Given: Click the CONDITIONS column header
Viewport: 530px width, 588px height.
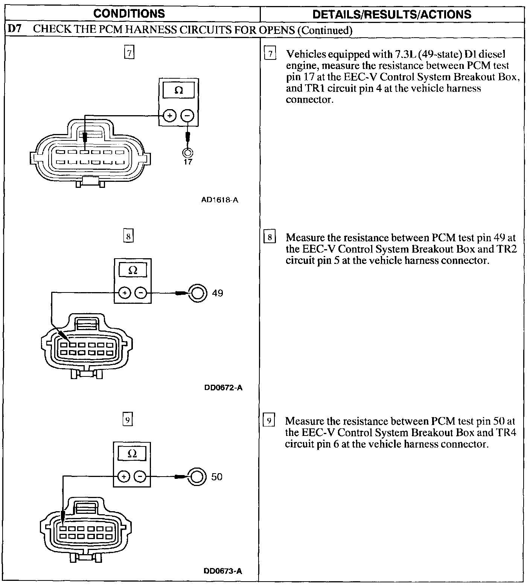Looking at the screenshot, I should click(129, 14).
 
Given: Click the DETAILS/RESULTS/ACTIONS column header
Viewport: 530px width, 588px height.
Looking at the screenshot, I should click(392, 15).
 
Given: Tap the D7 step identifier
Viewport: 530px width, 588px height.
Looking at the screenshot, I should click(15, 30).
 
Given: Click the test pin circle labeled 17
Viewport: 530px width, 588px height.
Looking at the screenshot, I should click(187, 152).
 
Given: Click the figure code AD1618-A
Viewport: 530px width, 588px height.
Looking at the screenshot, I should click(219, 200).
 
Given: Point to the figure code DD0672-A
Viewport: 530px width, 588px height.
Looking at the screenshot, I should click(223, 388).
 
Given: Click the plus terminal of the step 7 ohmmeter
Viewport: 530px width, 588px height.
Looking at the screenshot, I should click(170, 116).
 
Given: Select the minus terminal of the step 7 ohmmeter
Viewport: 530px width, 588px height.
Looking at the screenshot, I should click(187, 116).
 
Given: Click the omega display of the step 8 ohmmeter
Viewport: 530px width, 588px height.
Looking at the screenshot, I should click(133, 270).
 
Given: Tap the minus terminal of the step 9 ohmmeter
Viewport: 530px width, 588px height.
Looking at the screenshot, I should click(140, 477).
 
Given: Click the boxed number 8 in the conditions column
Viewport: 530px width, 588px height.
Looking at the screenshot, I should click(128, 237).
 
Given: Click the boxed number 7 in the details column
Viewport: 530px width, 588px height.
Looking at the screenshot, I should click(270, 54).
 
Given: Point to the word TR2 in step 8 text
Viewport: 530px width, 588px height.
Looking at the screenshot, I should click(507, 249).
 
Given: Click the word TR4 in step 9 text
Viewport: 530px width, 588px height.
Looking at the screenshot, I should click(506, 433).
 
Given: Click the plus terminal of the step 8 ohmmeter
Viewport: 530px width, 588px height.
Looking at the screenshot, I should click(125, 293).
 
